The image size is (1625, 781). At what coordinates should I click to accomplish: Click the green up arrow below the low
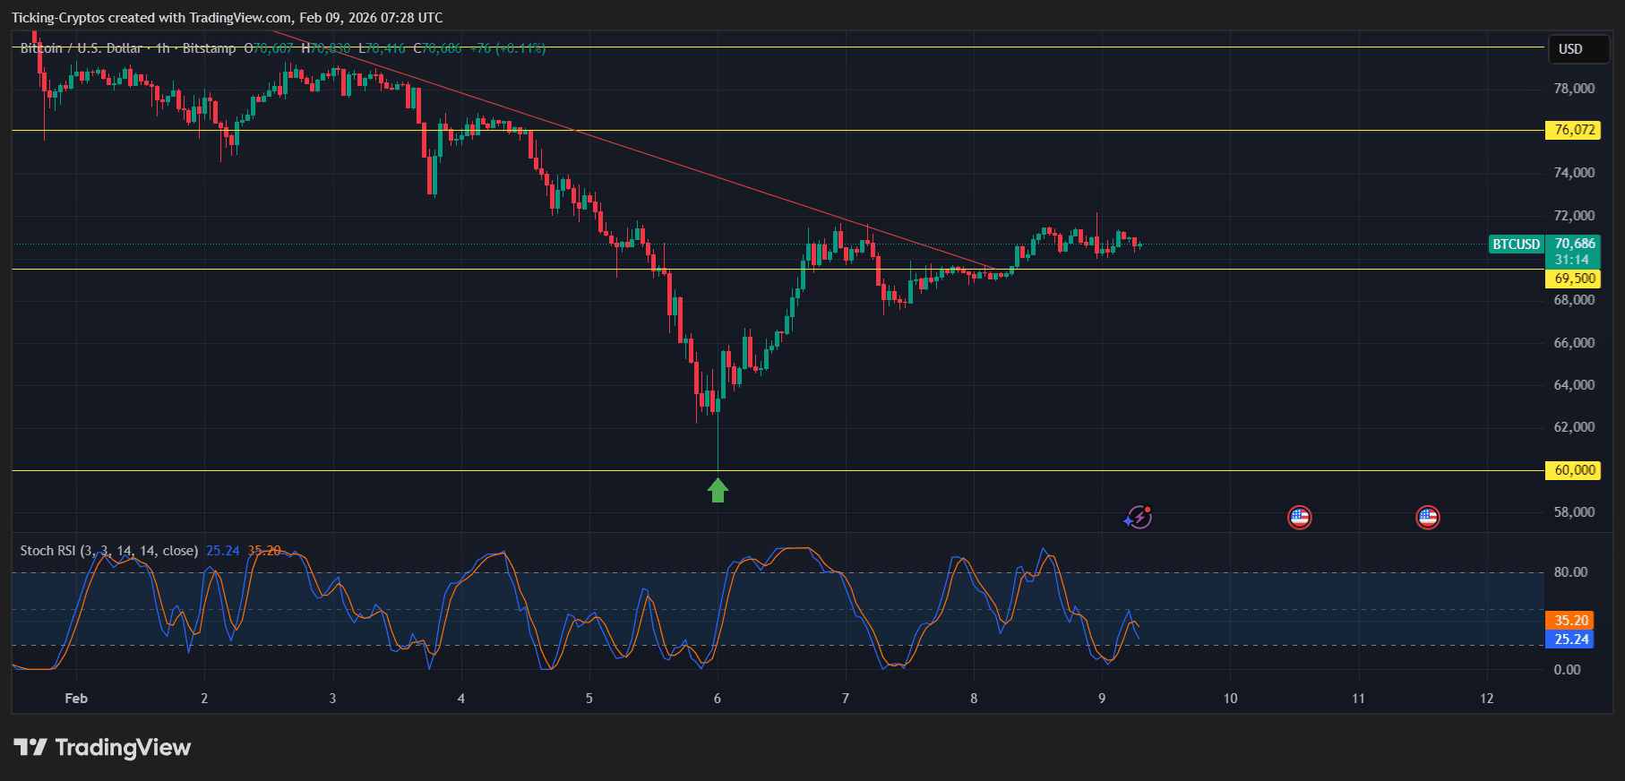click(718, 490)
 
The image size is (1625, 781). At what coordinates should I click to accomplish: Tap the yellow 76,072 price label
click(1573, 130)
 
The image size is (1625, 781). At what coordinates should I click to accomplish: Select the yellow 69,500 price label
click(1573, 279)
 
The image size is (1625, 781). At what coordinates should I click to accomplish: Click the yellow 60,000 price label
click(1573, 470)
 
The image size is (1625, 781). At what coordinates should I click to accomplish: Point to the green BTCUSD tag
click(1516, 245)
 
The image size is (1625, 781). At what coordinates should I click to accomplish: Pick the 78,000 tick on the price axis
click(1574, 89)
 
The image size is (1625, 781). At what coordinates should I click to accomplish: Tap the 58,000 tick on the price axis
click(1574, 512)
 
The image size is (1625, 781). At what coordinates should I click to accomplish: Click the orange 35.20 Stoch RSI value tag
click(1570, 620)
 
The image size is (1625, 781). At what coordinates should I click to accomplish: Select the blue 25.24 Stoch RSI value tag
click(1570, 639)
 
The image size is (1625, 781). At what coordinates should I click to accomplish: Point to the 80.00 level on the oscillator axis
click(1569, 572)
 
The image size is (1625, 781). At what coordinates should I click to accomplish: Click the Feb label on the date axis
click(76, 699)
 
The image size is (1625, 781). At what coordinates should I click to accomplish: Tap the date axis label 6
click(718, 699)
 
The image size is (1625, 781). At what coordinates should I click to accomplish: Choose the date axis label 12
click(1487, 699)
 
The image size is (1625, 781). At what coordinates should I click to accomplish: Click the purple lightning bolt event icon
click(1139, 517)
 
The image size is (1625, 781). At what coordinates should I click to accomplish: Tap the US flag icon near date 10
click(1299, 517)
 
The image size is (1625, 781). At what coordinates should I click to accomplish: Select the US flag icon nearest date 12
click(1427, 517)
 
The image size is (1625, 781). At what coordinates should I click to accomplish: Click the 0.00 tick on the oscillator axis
click(1567, 670)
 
